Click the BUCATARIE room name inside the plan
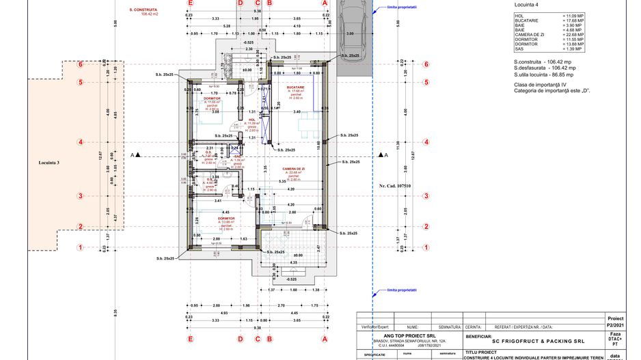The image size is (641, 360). (296, 87)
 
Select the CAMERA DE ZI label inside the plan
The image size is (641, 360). (293, 168)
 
